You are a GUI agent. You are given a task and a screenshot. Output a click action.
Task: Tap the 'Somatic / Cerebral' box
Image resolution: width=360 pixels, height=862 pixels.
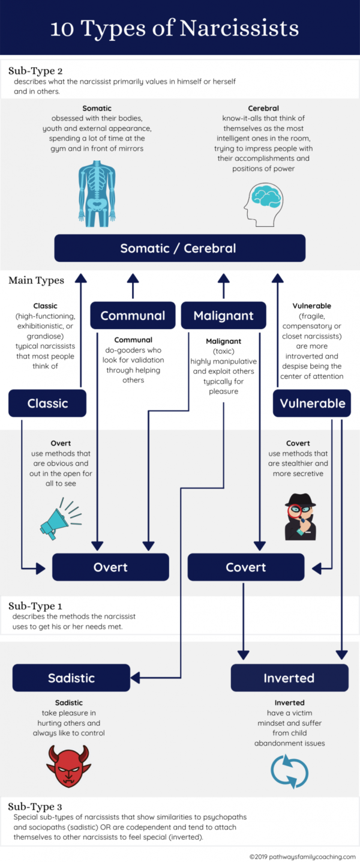tap(179, 248)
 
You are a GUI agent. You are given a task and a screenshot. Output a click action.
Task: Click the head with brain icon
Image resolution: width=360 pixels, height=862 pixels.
tap(263, 201)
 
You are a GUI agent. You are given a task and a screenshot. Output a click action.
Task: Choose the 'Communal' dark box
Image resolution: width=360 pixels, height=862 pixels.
tap(133, 315)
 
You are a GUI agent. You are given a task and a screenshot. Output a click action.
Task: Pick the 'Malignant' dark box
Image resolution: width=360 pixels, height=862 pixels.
tap(223, 315)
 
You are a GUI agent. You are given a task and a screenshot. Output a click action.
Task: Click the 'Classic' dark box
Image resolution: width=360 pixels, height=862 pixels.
tap(47, 403)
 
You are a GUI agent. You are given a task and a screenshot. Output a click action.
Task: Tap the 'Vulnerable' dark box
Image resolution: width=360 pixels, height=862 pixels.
tap(311, 403)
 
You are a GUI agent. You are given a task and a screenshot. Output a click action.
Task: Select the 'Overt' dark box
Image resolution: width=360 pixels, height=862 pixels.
tap(110, 567)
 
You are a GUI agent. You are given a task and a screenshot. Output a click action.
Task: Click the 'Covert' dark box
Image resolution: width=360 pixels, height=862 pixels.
tap(246, 567)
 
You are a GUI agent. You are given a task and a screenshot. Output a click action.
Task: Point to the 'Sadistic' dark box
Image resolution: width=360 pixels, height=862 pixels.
tap(71, 678)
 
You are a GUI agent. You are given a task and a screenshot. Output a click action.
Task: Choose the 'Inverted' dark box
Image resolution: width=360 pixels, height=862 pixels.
tap(289, 678)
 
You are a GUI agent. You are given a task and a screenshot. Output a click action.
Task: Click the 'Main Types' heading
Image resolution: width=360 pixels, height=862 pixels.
tap(35, 280)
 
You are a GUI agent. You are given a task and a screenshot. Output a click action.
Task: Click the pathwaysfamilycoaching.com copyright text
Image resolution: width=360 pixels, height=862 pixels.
tap(302, 856)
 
